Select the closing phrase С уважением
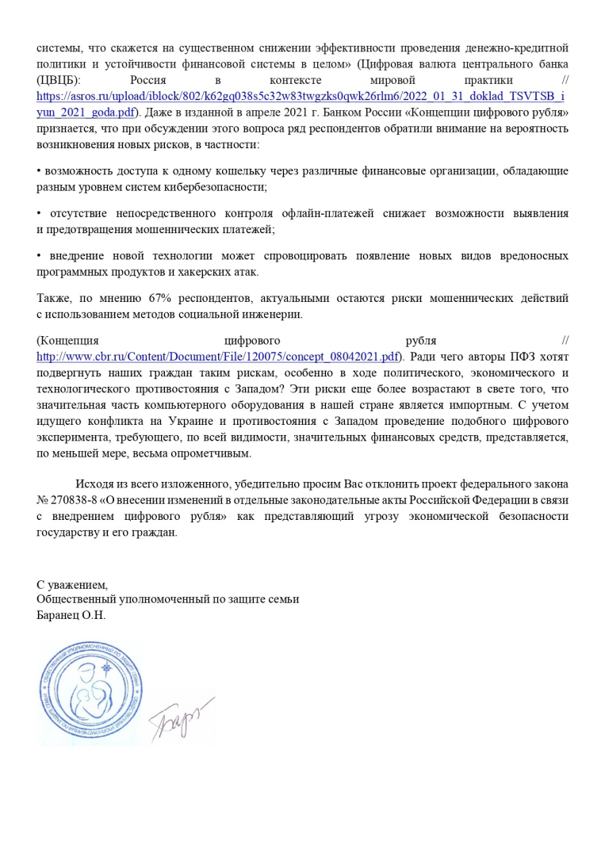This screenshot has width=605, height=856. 71,584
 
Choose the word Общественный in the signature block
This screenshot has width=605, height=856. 75,599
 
